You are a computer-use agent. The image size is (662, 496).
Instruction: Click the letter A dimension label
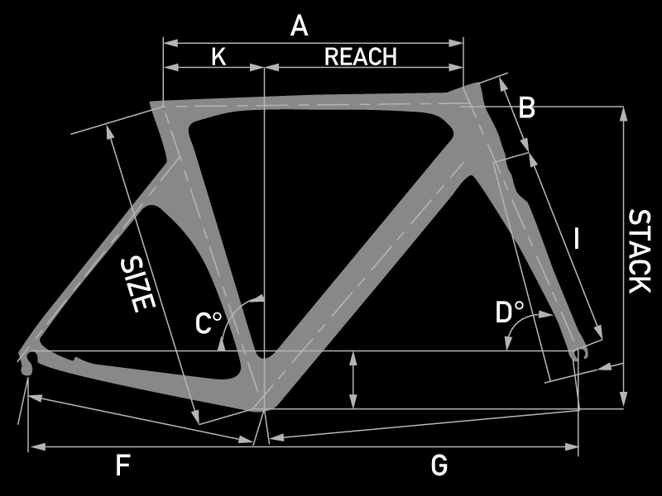coord(300,26)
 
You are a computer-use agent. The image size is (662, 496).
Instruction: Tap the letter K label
coord(218,56)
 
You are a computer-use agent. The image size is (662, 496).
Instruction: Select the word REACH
coord(361,56)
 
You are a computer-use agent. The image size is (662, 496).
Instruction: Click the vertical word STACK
coord(639,251)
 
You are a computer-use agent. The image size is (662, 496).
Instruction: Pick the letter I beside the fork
coord(577,240)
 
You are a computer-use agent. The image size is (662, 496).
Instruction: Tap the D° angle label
coord(510,312)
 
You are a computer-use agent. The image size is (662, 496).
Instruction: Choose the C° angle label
coord(207,323)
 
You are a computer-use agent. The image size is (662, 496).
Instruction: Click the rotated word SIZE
coord(138,284)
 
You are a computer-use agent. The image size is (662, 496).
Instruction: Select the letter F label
coord(122,466)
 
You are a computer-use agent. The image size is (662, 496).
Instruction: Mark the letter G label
coord(439,466)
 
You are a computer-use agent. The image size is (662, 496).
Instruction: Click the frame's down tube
coord(364,265)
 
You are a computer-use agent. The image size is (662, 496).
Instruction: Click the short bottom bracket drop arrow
coord(353,380)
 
